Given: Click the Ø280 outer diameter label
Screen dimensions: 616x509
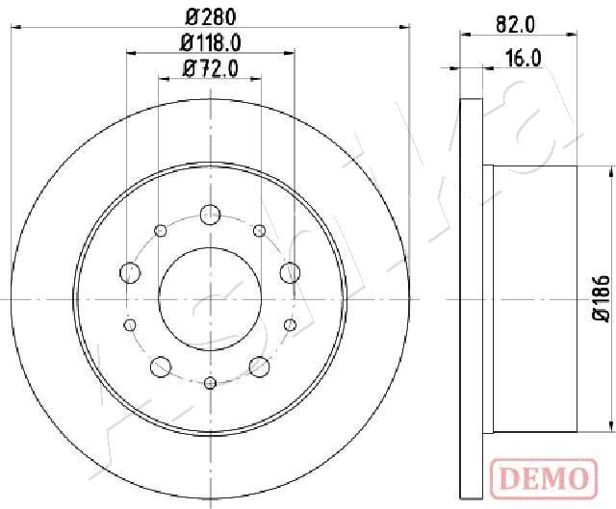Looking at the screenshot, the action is [x=210, y=17].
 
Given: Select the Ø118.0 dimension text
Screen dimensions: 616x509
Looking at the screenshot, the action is [x=210, y=42].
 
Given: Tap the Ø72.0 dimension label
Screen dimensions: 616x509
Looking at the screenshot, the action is [x=210, y=69].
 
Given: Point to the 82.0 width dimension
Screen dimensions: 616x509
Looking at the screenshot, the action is [x=515, y=25].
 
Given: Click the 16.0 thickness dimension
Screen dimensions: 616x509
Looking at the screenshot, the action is [x=523, y=59].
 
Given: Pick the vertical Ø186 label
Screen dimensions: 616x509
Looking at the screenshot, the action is [x=602, y=298].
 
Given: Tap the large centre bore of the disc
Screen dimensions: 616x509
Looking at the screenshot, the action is [x=210, y=299].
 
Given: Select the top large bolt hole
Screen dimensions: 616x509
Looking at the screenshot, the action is [x=210, y=215].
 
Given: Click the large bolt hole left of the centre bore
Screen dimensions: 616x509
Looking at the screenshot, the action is [x=130, y=272].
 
